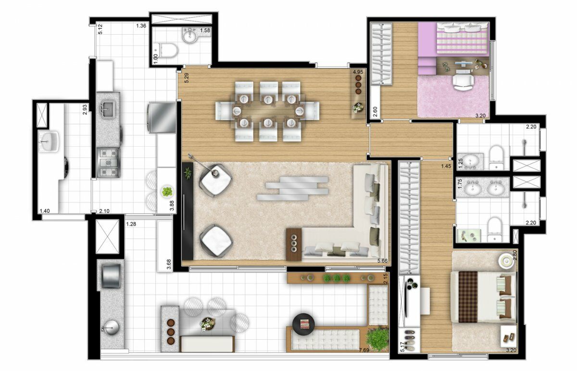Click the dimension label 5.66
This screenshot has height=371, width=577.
382,261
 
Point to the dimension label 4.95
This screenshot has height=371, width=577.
358,72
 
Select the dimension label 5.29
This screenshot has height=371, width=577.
187,78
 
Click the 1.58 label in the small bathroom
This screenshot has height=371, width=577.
205,30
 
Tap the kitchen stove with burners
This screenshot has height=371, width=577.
108,163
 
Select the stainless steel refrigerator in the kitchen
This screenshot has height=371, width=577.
162,117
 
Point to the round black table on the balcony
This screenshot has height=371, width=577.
303,324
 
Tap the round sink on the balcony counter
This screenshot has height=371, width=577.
111,327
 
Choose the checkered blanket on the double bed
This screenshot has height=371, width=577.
468,297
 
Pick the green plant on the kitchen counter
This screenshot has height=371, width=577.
167,192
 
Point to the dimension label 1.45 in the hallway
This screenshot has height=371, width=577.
446,166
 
